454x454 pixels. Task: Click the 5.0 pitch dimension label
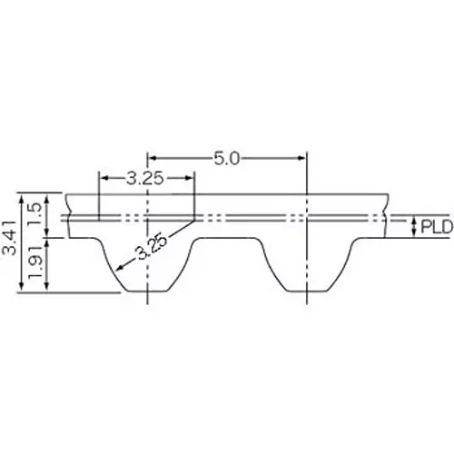click(226, 159)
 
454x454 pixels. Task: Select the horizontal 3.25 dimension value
click(145, 178)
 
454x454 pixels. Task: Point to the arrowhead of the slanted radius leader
click(115, 271)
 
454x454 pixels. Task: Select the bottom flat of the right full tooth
click(308, 292)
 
